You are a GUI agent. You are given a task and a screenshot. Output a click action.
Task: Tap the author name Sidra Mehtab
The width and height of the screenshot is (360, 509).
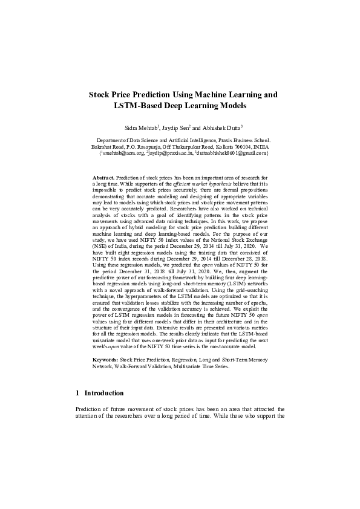(141, 128)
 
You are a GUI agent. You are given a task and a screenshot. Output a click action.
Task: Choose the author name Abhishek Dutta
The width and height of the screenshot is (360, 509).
(221, 128)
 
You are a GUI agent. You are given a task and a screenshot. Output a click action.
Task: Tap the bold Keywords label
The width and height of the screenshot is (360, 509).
(105, 360)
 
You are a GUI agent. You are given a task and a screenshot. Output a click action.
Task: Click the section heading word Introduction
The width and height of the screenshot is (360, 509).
(104, 393)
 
